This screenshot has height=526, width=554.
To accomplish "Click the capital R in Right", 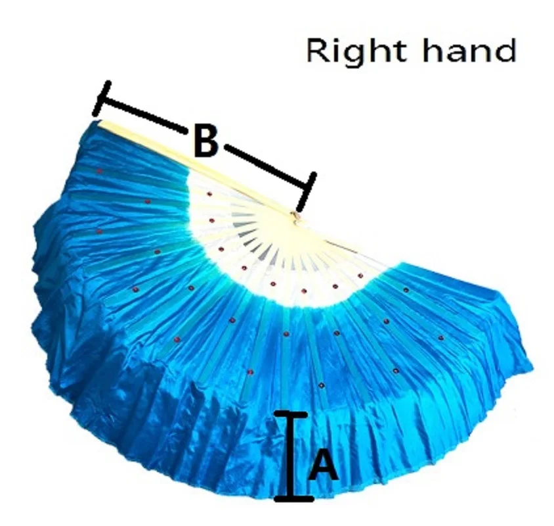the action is (x=318, y=51).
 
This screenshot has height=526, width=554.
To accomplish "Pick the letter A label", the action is (x=323, y=466).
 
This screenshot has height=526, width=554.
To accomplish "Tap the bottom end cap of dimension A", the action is (x=293, y=499).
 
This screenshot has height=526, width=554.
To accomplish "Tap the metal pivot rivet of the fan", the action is (x=297, y=215).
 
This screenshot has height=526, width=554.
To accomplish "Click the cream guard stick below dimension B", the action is (x=197, y=167).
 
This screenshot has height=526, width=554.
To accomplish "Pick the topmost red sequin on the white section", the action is (x=209, y=195).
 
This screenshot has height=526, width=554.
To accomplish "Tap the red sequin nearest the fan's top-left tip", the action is (x=99, y=172).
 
